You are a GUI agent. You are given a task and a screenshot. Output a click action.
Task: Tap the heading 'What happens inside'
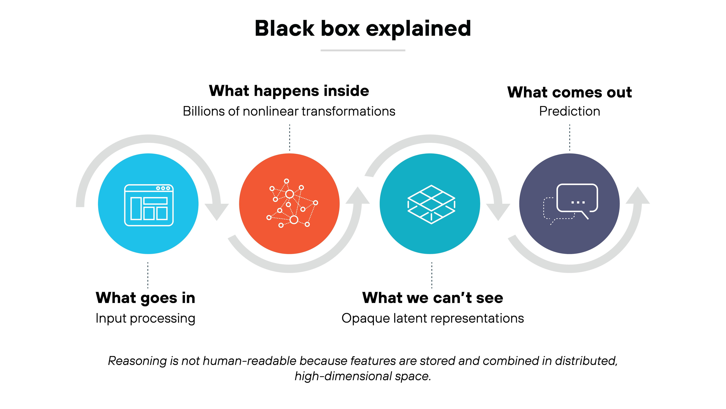click(289, 91)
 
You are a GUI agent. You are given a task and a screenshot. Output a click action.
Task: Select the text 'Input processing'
click(145, 318)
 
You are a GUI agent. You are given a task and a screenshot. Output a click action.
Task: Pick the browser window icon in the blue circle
click(149, 205)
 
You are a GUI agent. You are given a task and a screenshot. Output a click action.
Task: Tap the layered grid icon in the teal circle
click(431, 204)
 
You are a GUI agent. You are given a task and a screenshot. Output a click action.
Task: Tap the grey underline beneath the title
click(363, 50)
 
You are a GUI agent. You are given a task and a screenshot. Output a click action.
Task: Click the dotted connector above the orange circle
click(289, 138)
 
